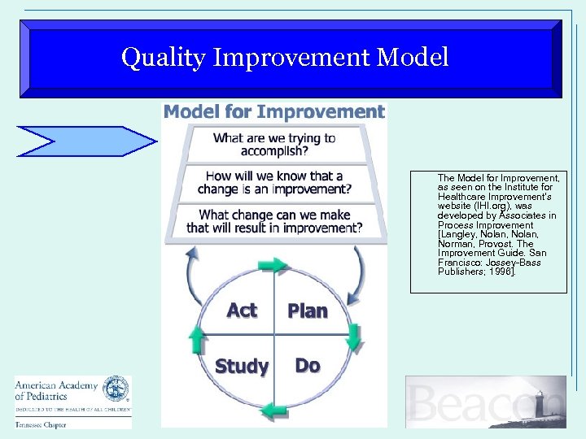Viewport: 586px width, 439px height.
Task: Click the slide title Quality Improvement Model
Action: [284, 58]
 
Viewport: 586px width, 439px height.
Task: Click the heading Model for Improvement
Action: [273, 112]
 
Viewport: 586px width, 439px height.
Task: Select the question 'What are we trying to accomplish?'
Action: [273, 145]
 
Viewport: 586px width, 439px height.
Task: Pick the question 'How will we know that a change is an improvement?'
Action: [273, 183]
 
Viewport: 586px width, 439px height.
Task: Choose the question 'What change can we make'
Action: [273, 221]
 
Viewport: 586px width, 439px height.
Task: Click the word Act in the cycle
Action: [242, 311]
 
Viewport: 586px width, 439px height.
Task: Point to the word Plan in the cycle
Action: [308, 311]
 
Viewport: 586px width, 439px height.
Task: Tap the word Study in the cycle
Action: [242, 367]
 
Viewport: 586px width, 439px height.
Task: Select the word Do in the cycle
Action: [307, 366]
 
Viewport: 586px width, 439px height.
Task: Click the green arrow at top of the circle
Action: [273, 265]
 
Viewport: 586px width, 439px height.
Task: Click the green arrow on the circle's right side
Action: [352, 337]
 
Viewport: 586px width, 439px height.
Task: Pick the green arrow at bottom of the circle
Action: [273, 408]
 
